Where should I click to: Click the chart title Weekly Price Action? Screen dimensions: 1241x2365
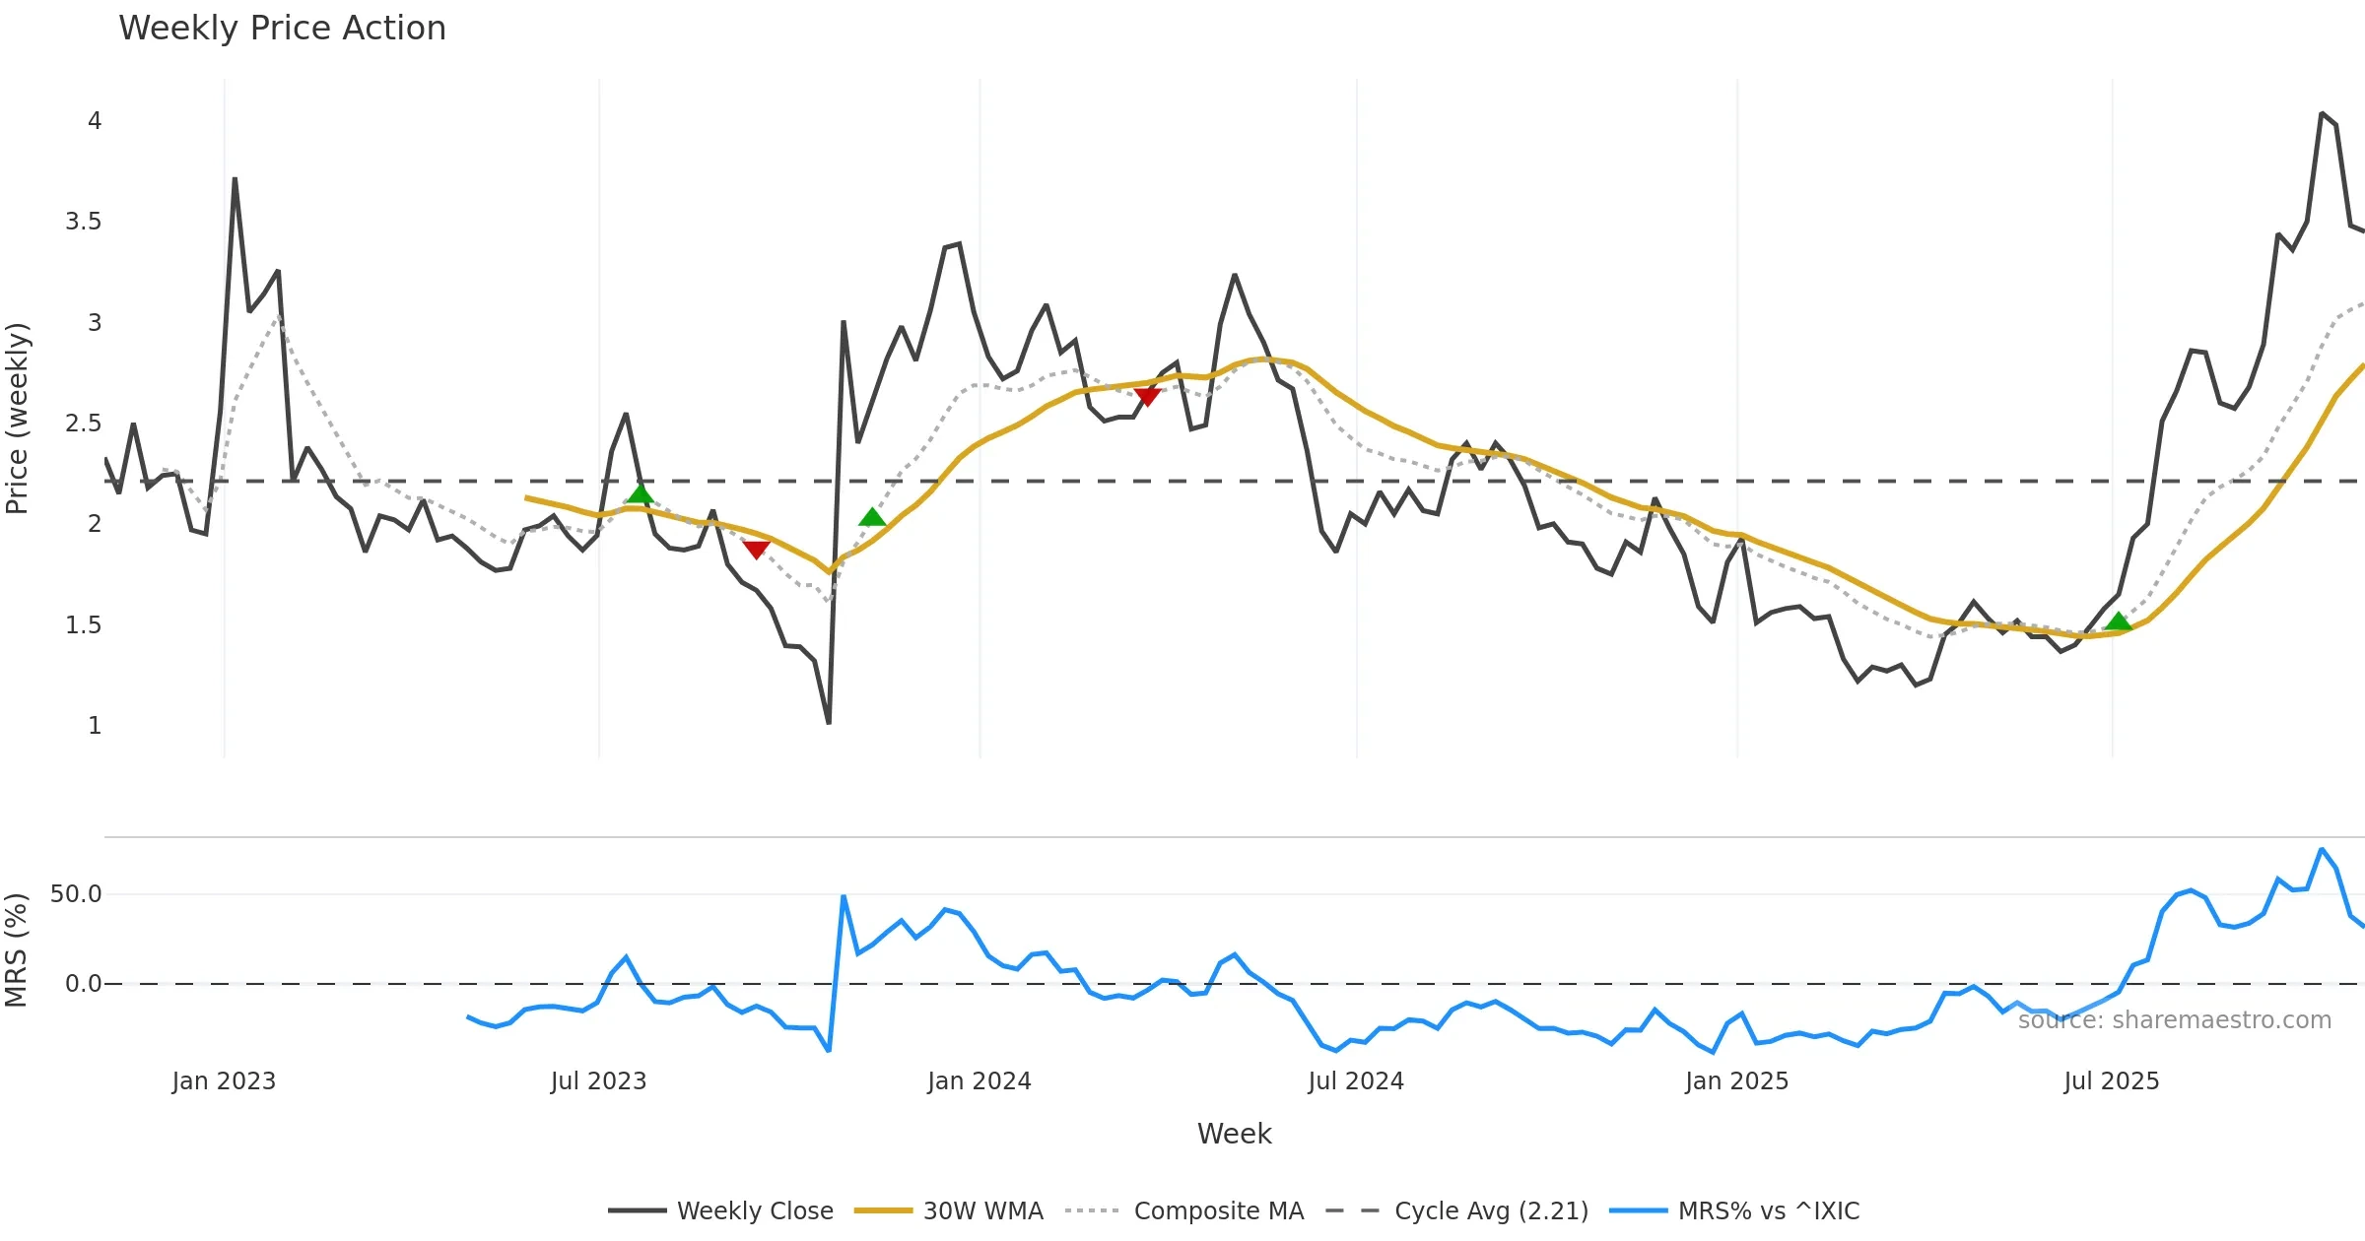point(282,29)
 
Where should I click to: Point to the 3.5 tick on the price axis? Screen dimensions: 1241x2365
point(84,222)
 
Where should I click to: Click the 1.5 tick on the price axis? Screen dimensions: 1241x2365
point(84,625)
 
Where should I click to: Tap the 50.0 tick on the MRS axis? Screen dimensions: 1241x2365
point(76,894)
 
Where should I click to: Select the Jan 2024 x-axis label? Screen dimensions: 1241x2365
point(979,1081)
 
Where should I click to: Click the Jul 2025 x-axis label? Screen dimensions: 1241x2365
point(2111,1081)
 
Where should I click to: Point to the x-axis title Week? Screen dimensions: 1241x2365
point(1234,1134)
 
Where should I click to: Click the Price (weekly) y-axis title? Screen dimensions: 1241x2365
point(18,419)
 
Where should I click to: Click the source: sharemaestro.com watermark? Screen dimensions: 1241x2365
point(2174,1020)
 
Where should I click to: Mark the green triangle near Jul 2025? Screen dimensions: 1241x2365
point(2118,621)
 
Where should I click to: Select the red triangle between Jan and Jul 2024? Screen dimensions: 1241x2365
point(1147,396)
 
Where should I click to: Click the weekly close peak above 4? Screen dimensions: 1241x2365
point(2322,113)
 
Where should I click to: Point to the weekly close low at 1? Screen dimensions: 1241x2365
point(829,723)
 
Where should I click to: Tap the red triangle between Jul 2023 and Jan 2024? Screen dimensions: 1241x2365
point(756,549)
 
